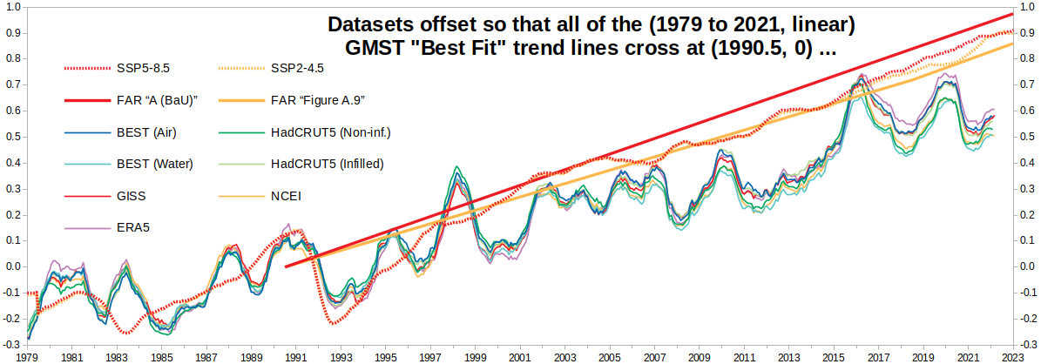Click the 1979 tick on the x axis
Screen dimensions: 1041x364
[x=27, y=357]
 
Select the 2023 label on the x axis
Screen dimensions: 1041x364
[x=1011, y=357]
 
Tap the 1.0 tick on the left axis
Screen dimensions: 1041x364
[x=13, y=7]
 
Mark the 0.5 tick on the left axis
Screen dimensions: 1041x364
[x=13, y=137]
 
